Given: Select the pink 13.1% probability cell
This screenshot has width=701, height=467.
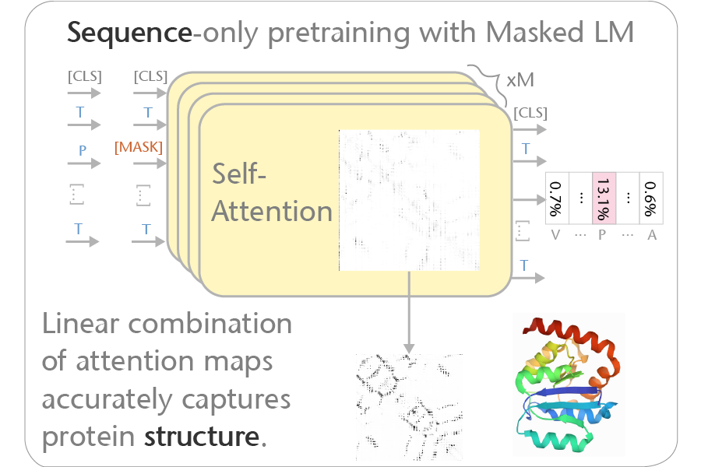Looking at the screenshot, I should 604,198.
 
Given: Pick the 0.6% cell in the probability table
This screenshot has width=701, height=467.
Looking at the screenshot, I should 650,198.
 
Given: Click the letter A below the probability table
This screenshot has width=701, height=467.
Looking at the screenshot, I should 651,234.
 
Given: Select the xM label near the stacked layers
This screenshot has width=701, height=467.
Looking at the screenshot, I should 520,81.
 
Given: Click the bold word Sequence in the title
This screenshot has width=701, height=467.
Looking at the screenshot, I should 128,33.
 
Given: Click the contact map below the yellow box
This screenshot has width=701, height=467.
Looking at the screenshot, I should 408,403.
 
